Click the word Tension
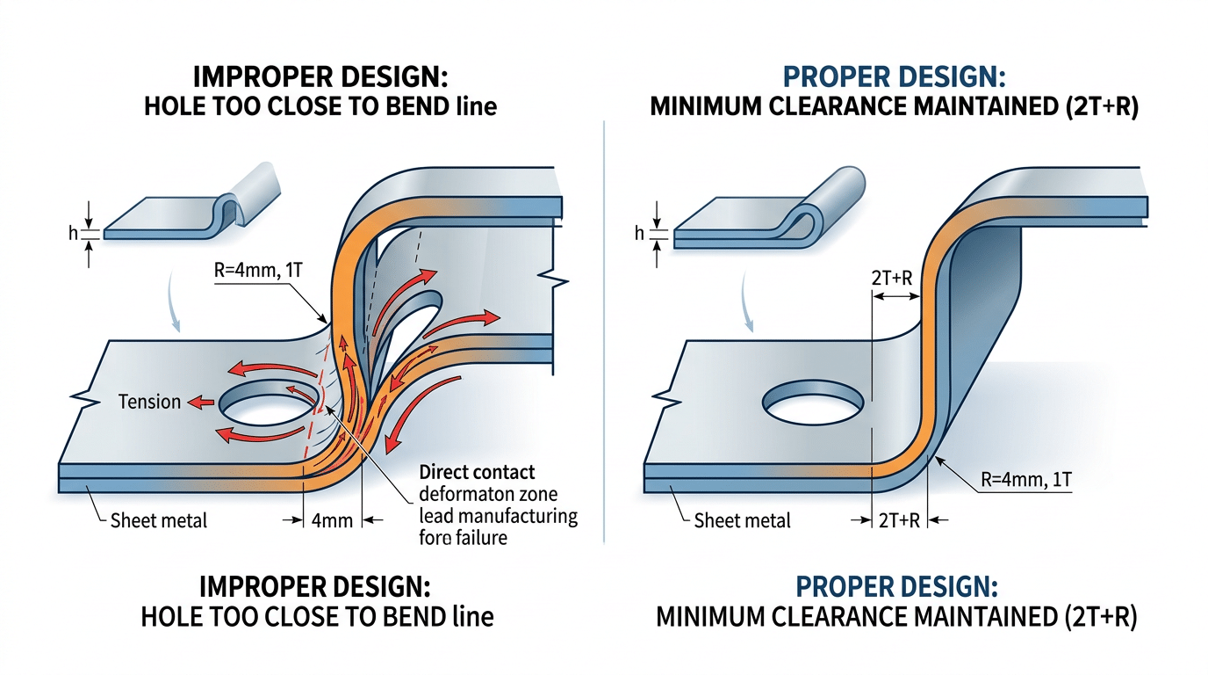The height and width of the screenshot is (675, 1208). tap(149, 403)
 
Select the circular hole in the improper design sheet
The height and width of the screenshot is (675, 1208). tap(269, 406)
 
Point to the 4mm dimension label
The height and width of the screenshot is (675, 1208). tap(332, 520)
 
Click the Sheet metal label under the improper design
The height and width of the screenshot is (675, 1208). tap(159, 520)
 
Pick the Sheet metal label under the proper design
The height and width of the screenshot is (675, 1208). tap(742, 520)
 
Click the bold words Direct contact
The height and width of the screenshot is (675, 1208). tap(477, 472)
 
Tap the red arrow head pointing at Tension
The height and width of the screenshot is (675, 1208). tap(198, 403)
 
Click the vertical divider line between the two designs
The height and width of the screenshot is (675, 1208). tap(604, 334)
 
